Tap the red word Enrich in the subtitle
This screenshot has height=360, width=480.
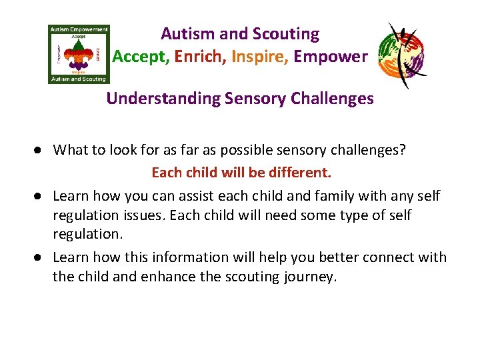pos(199,57)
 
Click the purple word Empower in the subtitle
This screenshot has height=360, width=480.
pos(330,57)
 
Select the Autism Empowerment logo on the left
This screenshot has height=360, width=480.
pos(79,54)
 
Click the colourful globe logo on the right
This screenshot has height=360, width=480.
pos(402,54)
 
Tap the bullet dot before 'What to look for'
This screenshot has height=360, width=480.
pos(41,150)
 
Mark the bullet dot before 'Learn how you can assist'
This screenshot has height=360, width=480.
pos(41,196)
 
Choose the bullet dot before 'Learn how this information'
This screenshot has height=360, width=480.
pos(41,257)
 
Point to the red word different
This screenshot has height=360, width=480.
pos(299,173)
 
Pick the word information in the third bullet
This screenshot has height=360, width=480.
pos(181,257)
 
